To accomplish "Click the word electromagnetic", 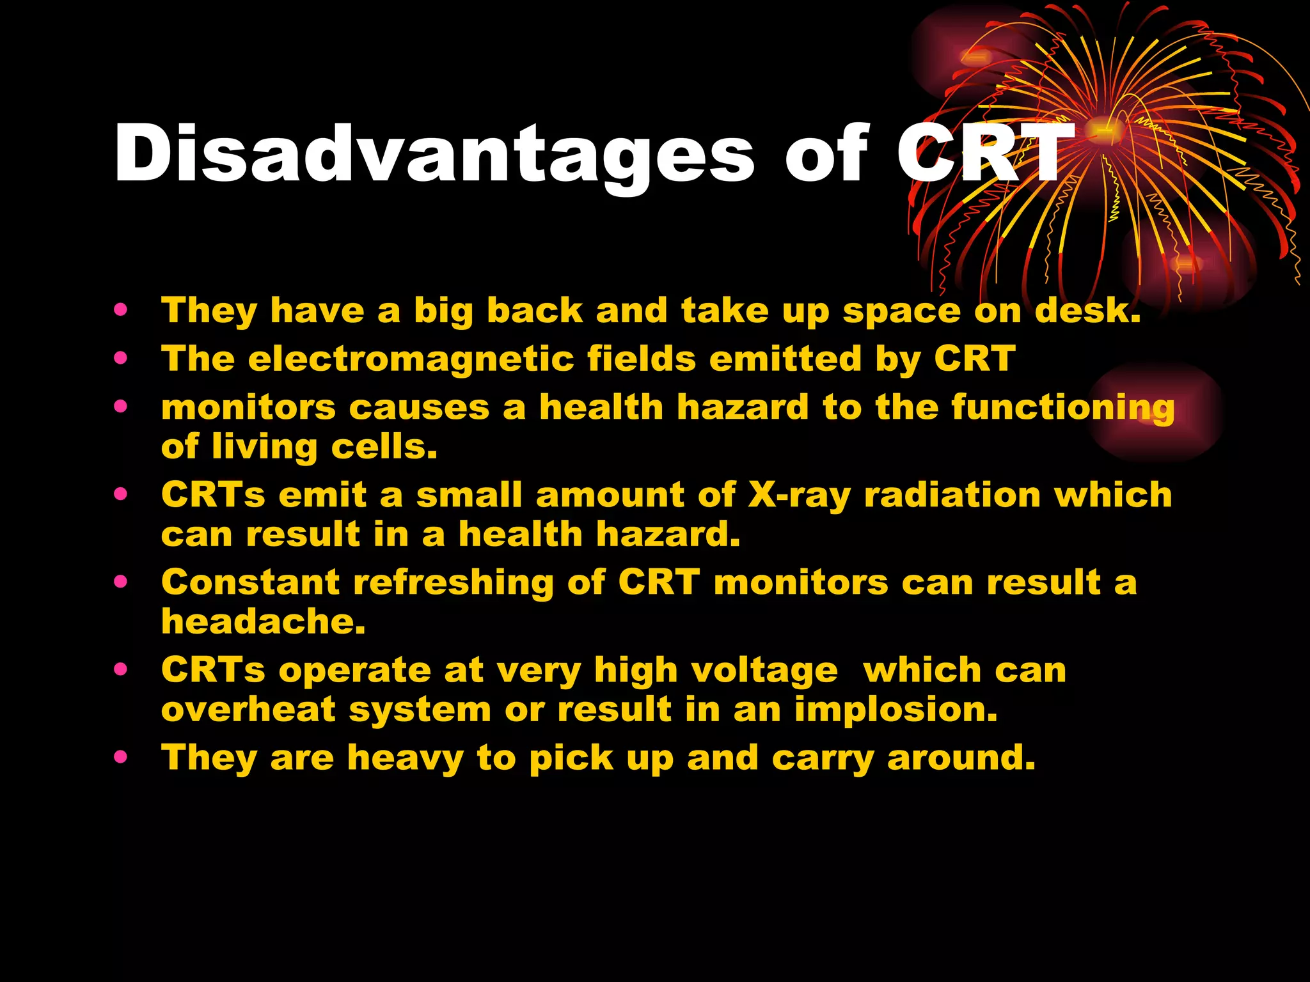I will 411,359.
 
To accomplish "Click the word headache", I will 263,621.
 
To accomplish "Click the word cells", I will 384,447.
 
